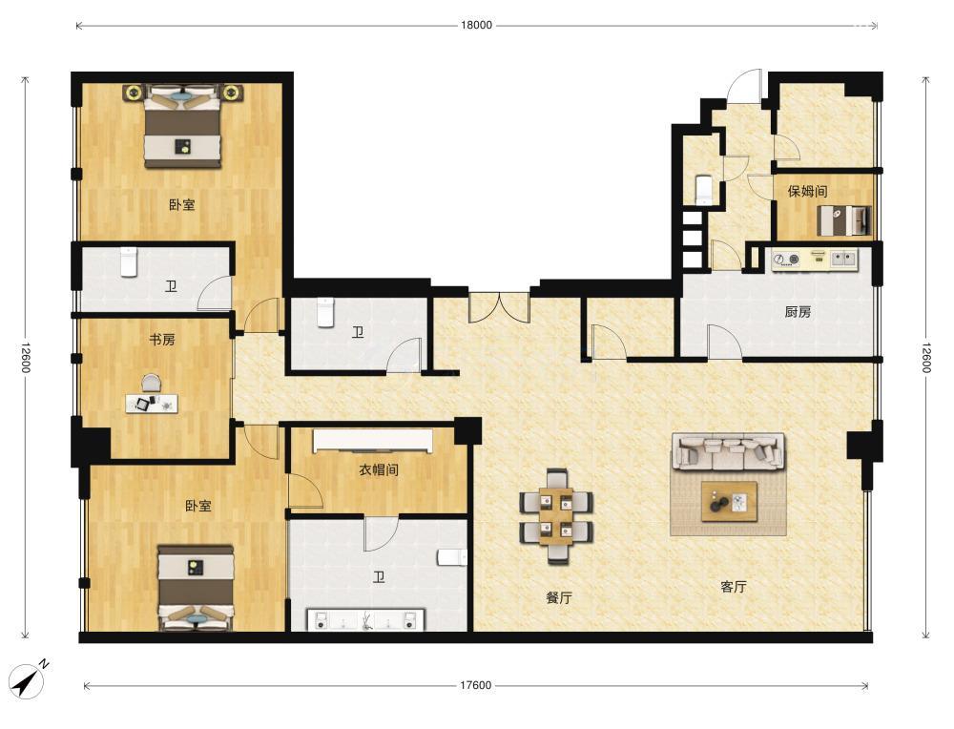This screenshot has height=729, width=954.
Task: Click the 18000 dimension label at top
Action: click(x=476, y=25)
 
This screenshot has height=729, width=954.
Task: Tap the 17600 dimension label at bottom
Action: click(x=475, y=685)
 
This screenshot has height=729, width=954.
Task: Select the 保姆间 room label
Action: click(x=807, y=191)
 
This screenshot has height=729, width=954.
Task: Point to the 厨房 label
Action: click(x=798, y=312)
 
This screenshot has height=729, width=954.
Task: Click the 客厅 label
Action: click(x=733, y=587)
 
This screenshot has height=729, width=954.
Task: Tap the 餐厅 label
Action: click(x=558, y=597)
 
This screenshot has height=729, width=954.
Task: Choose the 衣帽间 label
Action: click(x=379, y=469)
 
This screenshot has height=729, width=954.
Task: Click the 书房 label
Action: click(x=162, y=340)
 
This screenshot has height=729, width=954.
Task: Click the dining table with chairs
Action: click(x=556, y=516)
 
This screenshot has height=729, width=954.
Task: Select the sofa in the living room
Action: click(x=728, y=451)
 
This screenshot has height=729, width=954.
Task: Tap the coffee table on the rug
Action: click(x=729, y=501)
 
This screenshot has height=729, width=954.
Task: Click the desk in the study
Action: click(x=152, y=404)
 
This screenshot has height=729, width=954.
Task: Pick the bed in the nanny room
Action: click(x=844, y=220)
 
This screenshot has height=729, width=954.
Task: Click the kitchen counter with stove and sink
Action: click(x=814, y=260)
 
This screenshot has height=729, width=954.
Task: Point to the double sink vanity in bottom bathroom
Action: click(x=365, y=619)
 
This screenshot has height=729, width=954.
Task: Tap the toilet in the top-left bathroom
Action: click(x=128, y=261)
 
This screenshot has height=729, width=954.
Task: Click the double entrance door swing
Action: click(x=499, y=307)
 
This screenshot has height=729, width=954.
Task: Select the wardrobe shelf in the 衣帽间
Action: click(x=373, y=441)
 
